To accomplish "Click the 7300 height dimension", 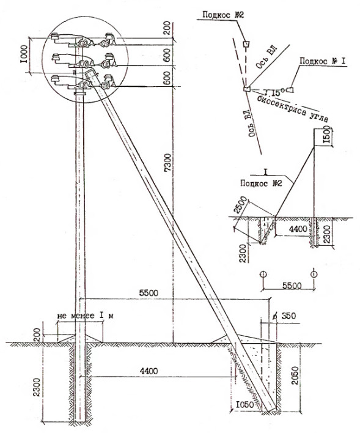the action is (x=168, y=163).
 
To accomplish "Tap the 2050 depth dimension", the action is (x=295, y=376).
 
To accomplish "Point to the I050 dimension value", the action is (x=244, y=405).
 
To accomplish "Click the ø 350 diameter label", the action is (x=284, y=316).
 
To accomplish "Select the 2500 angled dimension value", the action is (x=240, y=205).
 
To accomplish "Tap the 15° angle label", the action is (x=275, y=92).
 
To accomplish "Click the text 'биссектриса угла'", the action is (x=293, y=109).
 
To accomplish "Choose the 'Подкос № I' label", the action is (x=323, y=61).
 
